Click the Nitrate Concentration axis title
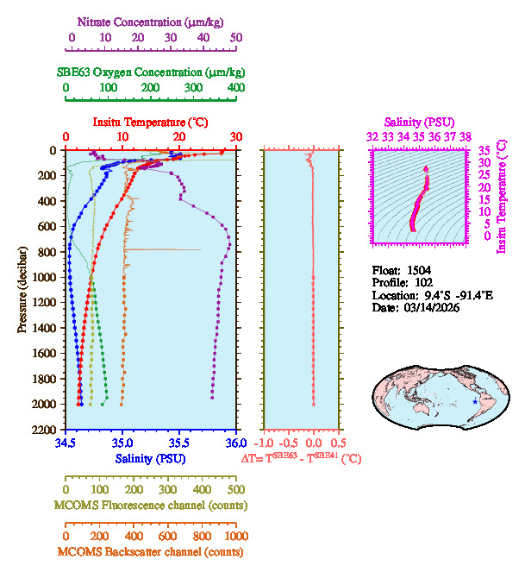pyautogui.click(x=153, y=20)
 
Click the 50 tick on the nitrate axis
pyautogui.click(x=236, y=38)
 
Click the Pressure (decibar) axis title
pyautogui.click(x=22, y=289)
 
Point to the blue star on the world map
pyautogui.click(x=475, y=400)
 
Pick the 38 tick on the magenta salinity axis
pyautogui.click(x=466, y=136)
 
